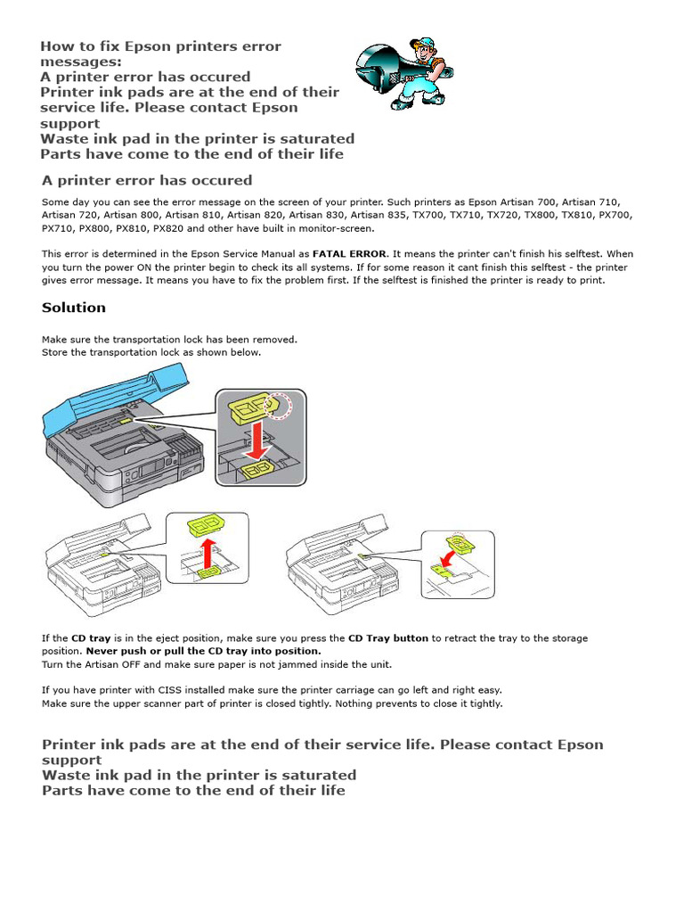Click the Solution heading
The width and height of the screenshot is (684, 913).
74,308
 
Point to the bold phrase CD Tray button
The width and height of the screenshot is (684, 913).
388,638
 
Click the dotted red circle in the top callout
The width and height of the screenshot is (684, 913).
283,407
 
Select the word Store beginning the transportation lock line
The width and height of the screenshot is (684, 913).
55,352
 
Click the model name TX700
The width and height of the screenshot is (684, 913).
435,216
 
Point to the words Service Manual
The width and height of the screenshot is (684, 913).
272,254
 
